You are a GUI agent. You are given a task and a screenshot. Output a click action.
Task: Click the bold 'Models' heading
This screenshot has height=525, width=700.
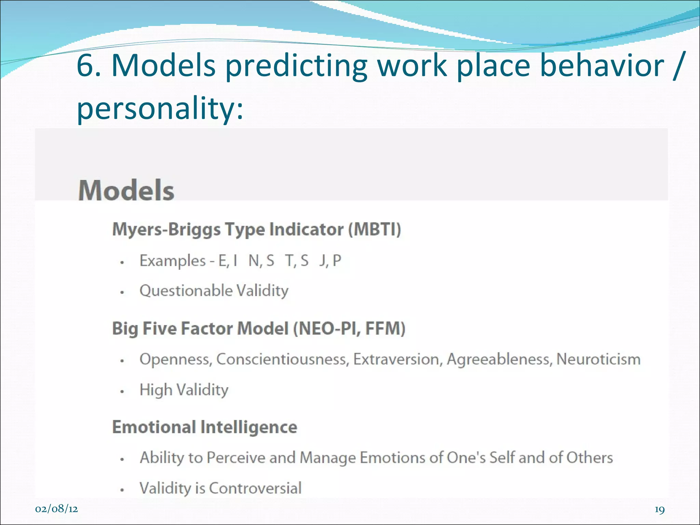click(126, 190)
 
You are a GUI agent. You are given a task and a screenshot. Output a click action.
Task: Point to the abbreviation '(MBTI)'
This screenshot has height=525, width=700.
click(374, 229)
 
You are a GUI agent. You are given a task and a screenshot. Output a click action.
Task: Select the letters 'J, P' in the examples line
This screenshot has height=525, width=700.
click(330, 261)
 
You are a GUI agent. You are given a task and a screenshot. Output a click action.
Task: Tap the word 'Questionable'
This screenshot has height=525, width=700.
click(186, 291)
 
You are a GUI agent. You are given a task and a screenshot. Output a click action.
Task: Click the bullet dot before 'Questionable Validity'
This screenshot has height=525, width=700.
click(122, 293)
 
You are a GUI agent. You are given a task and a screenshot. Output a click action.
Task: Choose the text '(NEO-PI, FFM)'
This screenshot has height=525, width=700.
click(349, 328)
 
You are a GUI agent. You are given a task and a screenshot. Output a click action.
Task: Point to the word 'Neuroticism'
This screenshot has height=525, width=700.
click(598, 359)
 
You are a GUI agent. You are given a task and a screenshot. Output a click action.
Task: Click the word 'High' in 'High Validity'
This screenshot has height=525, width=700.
click(156, 390)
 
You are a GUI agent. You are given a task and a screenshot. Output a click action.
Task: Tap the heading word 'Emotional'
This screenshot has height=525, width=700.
click(154, 427)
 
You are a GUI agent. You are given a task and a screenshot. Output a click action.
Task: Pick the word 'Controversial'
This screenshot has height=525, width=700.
click(255, 488)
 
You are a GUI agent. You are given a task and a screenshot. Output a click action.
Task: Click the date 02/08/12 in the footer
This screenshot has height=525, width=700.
click(56, 509)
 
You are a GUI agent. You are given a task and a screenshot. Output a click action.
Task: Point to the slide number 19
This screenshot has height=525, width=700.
click(659, 510)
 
